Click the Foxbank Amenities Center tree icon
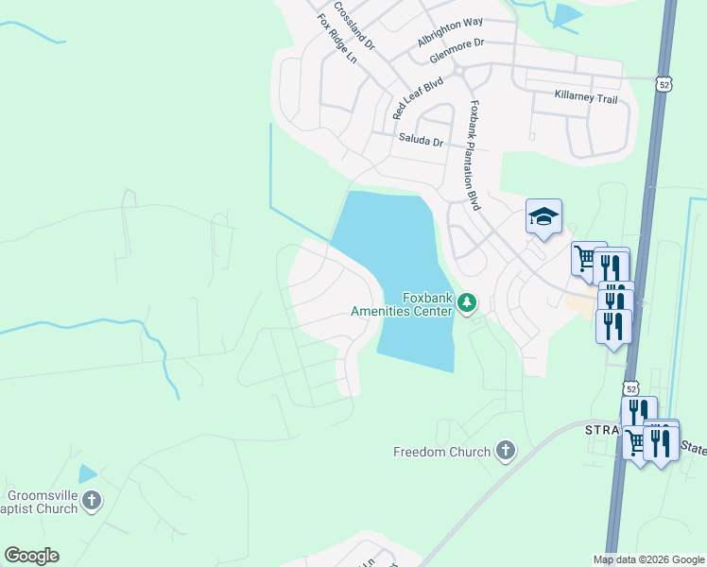coord(467,302)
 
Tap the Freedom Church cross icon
coord(506,451)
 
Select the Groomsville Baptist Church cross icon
coord(92,501)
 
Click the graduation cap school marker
coord(543,217)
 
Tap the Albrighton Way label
coord(450,46)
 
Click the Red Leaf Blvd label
coord(418,98)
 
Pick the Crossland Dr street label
coord(360,31)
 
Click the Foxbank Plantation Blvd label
coord(474,156)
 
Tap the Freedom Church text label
coord(442,452)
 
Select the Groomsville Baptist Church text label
coord(43,502)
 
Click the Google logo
coord(31,556)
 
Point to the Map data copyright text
coord(647,559)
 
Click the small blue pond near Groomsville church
coord(88,474)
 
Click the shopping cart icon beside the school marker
coord(584,257)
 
